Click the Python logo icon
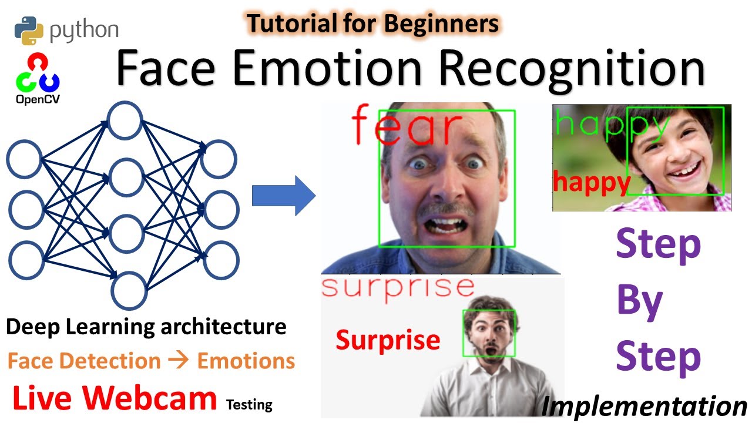[x=29, y=31]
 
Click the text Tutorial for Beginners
[x=372, y=24]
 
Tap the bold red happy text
[x=591, y=183]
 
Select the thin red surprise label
[x=398, y=288]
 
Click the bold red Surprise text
[x=388, y=340]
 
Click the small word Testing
[x=249, y=404]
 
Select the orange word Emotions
[x=246, y=361]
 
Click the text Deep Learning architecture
[x=146, y=327]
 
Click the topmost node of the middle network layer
[x=124, y=121]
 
